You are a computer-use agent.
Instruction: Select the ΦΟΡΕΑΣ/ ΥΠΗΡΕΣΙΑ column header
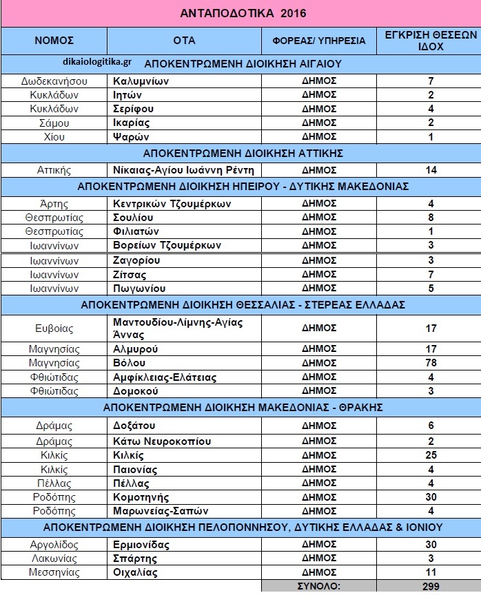tap(318, 40)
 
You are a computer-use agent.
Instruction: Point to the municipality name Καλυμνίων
tap(141, 81)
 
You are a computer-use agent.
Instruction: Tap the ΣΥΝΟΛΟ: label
tap(318, 586)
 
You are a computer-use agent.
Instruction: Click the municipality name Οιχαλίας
tap(135, 572)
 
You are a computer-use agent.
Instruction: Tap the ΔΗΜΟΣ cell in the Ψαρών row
tap(318, 136)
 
